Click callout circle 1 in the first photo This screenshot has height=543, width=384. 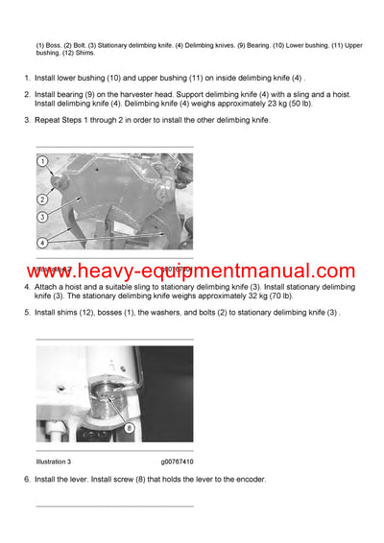[x=43, y=162]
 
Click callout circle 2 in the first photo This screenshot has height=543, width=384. [x=43, y=200]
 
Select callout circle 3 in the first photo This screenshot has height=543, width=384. [x=43, y=216]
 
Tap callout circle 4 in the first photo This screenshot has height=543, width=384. [x=43, y=242]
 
